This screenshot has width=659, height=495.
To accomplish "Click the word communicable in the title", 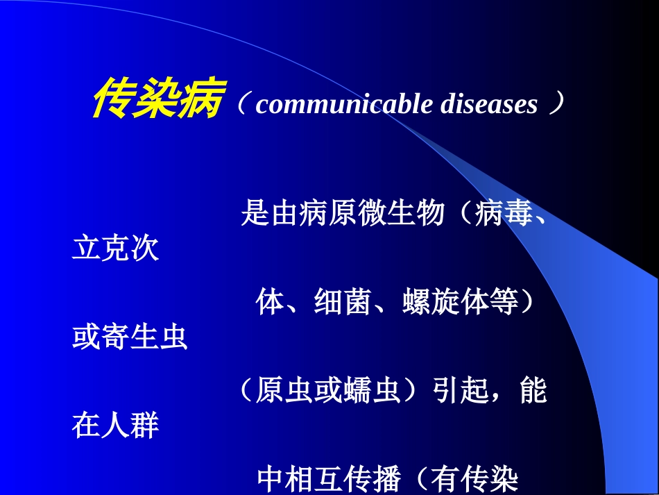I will click(344, 104).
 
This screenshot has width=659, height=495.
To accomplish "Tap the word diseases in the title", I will click(488, 104).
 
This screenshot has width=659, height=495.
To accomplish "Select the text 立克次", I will click(115, 249).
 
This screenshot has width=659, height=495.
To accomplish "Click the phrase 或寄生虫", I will click(130, 338).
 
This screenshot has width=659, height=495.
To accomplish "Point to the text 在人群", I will click(115, 426).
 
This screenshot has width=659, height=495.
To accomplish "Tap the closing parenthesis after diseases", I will click(554, 105).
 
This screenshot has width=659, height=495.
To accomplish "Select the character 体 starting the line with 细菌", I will click(270, 303).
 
